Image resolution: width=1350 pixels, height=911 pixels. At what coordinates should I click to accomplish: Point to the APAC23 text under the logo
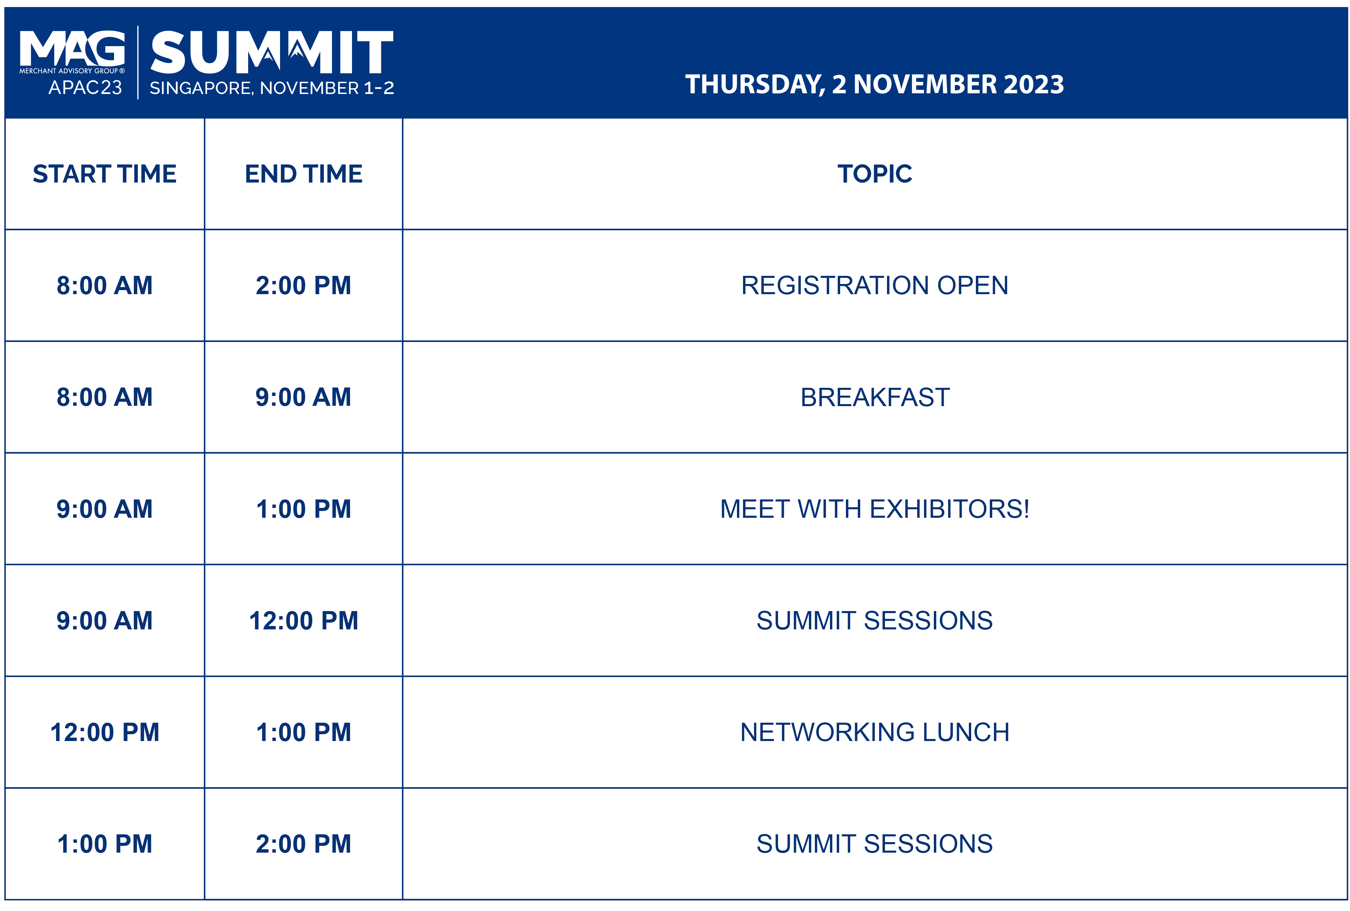86,88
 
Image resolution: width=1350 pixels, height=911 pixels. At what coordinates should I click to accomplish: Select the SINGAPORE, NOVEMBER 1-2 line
272,88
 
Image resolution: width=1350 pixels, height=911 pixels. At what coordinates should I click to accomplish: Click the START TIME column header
105,174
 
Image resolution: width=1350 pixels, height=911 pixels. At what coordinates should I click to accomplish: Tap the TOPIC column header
875,174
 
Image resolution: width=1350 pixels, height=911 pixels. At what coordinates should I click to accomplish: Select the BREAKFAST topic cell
875,398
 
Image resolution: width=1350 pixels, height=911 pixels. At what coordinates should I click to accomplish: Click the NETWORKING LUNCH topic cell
875,732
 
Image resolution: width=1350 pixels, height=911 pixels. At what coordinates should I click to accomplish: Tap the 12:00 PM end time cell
304,621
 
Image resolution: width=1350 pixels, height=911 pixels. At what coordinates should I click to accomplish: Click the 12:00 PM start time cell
105,732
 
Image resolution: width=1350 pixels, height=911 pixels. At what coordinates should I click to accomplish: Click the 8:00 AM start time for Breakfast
105,398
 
